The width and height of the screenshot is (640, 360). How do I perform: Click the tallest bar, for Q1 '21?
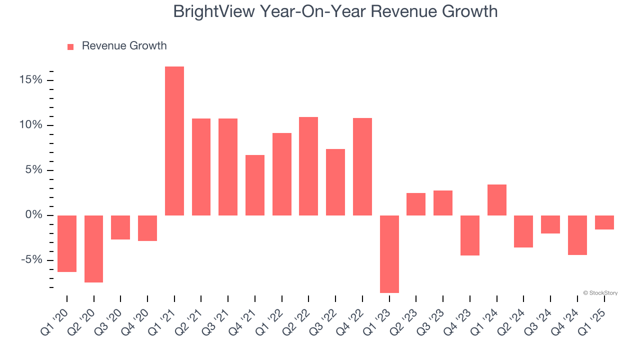174,141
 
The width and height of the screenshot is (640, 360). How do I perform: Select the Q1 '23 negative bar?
389,254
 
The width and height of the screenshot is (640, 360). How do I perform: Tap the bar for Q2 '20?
94,249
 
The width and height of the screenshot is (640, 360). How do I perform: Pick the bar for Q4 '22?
362,166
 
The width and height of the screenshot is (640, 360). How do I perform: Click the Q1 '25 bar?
604,222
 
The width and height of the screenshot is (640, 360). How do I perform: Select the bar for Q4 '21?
255,185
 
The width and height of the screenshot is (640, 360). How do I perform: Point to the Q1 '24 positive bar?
497,200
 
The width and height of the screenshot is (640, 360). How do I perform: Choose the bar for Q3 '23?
443,203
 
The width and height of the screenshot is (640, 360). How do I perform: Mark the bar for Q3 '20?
120,227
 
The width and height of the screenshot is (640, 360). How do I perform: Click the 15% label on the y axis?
31,80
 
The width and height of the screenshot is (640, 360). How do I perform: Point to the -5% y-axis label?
31,260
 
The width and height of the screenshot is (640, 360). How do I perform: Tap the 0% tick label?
34,215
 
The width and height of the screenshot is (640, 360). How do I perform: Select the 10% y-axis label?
31,125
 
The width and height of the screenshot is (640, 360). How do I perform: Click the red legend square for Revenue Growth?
70,46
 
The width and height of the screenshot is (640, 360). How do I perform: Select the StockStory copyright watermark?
600,293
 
